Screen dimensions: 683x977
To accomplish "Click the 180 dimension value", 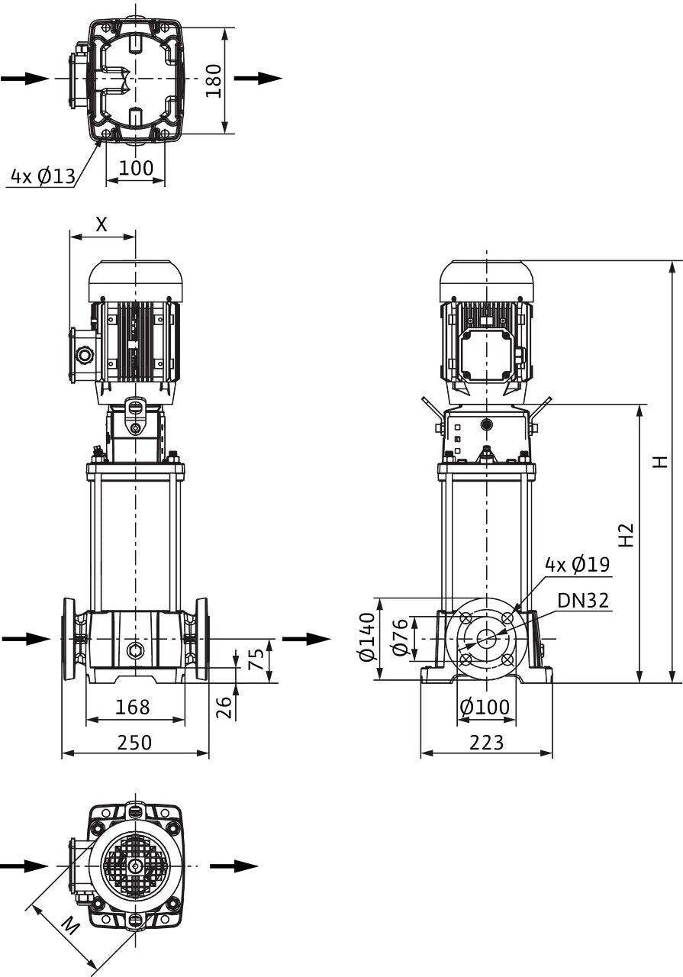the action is pyautogui.click(x=214, y=81).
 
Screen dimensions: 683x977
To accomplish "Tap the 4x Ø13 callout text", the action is pyautogui.click(x=43, y=176).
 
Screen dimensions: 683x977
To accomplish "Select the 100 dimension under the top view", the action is pyautogui.click(x=136, y=168).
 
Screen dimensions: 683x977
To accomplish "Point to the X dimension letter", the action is pyautogui.click(x=101, y=224).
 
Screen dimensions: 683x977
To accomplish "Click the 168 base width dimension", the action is pyautogui.click(x=133, y=707).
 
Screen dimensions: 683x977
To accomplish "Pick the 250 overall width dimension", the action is pyautogui.click(x=134, y=743).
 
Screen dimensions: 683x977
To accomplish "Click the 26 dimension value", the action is pyautogui.click(x=224, y=707).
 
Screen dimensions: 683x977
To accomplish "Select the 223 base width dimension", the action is pyautogui.click(x=486, y=743).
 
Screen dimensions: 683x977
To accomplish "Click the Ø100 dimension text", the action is pyautogui.click(x=485, y=707).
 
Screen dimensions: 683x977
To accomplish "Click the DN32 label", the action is pyautogui.click(x=583, y=601).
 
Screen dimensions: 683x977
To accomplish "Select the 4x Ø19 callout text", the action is pyautogui.click(x=578, y=564).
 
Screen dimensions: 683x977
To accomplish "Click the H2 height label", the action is pyautogui.click(x=627, y=535).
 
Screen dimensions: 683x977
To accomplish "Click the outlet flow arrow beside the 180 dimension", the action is pyautogui.click(x=258, y=79).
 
